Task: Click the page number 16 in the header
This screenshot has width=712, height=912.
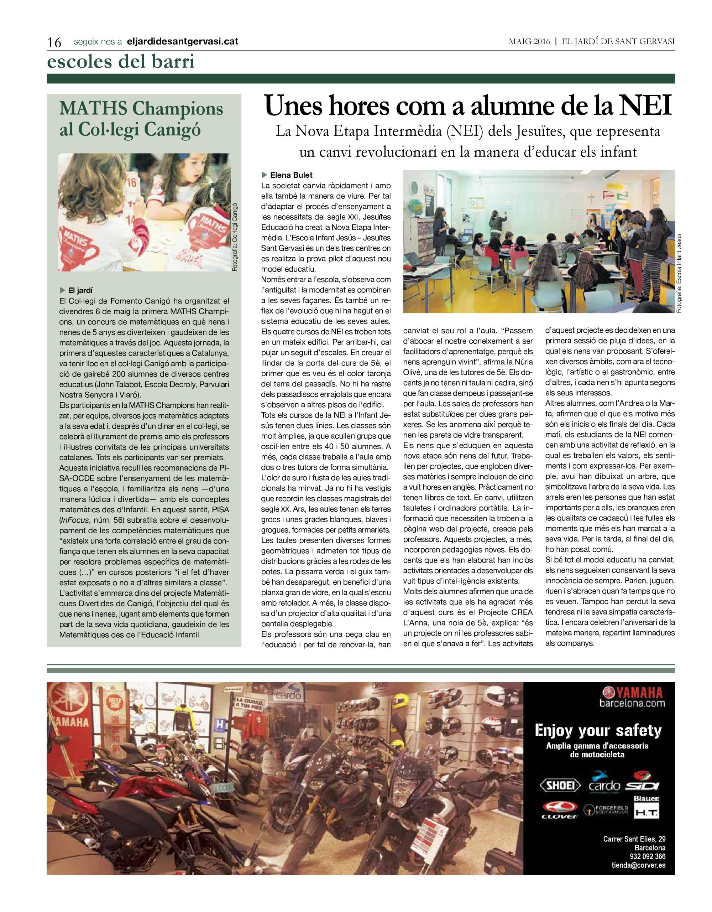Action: tap(55, 42)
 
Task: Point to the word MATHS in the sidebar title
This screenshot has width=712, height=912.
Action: tap(91, 109)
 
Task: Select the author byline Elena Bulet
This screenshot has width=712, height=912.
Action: tap(291, 175)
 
